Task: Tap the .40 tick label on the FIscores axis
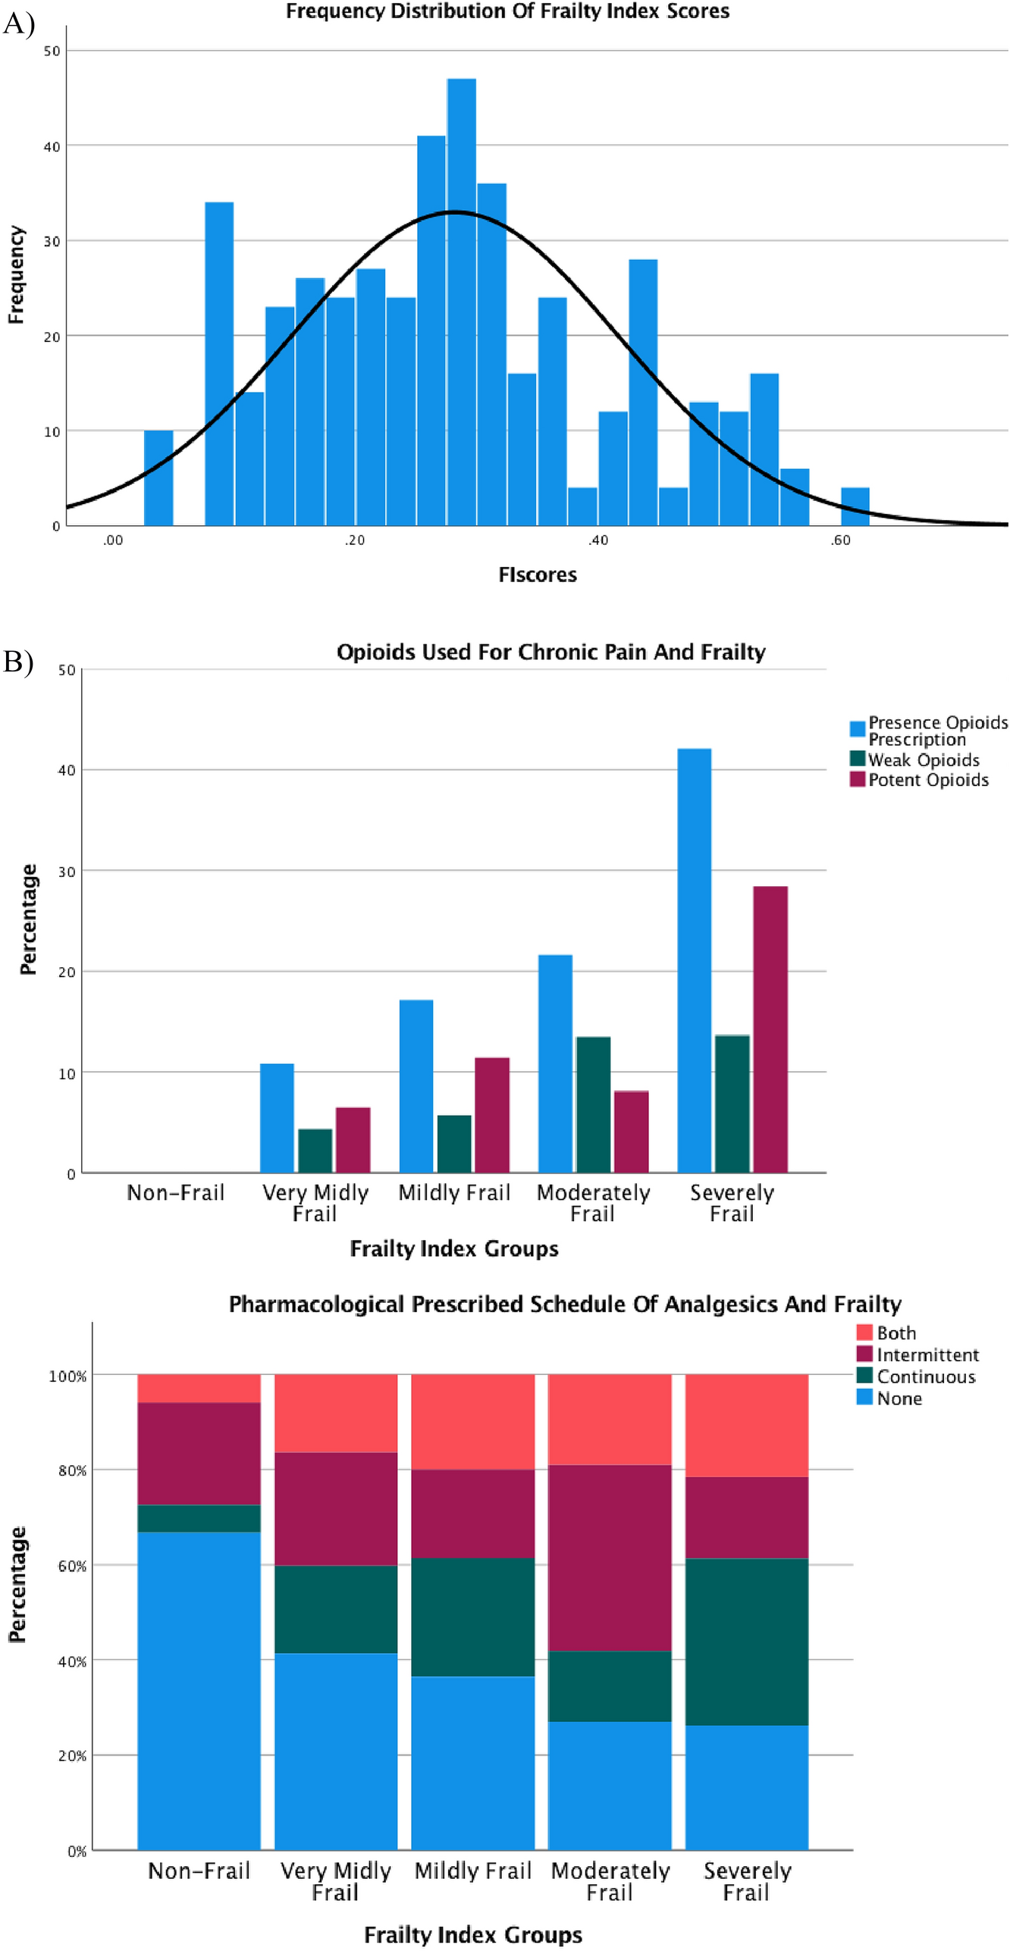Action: pyautogui.click(x=598, y=540)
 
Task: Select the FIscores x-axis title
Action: pyautogui.click(x=537, y=575)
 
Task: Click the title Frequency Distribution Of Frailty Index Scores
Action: pyautogui.click(x=507, y=11)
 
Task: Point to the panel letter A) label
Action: pyautogui.click(x=18, y=24)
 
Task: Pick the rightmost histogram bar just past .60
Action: pyautogui.click(x=855, y=506)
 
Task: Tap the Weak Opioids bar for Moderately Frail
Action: pyautogui.click(x=593, y=1104)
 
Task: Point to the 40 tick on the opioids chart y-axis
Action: pyautogui.click(x=67, y=770)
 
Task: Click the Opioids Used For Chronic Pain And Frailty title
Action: pyautogui.click(x=550, y=652)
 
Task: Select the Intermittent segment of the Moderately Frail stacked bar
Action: pyautogui.click(x=610, y=1558)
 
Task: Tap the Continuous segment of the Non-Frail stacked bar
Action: pyautogui.click(x=199, y=1518)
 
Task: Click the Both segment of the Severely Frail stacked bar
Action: pyautogui.click(x=746, y=1425)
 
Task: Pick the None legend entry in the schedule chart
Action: pyautogui.click(x=899, y=1398)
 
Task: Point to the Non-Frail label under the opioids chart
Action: pyautogui.click(x=176, y=1192)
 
